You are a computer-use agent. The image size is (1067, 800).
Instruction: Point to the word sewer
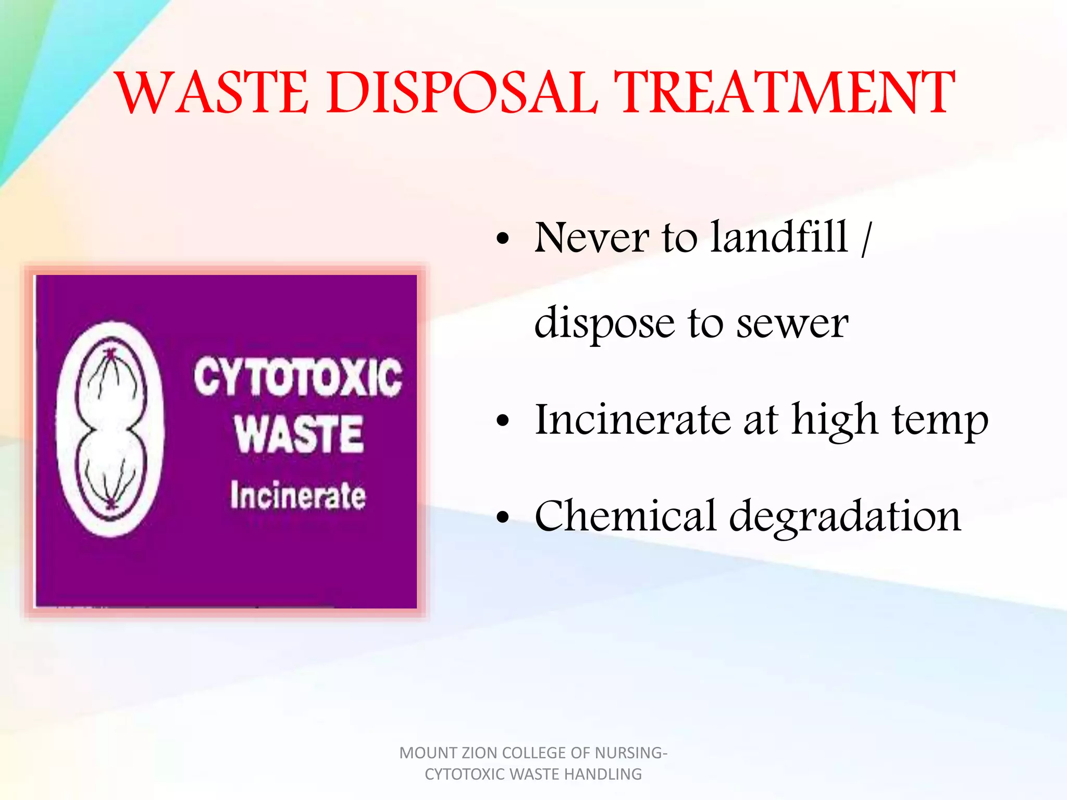(x=792, y=323)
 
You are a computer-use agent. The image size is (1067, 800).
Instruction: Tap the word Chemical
(x=625, y=516)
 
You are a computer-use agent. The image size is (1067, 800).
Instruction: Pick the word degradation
(x=845, y=517)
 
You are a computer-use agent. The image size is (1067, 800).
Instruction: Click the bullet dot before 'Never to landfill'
(x=502, y=239)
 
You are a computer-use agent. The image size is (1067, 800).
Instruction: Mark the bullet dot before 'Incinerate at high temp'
(x=502, y=420)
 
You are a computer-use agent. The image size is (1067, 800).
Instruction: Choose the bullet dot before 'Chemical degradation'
(x=502, y=517)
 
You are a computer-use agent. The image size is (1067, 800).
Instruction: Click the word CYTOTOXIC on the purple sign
(x=298, y=377)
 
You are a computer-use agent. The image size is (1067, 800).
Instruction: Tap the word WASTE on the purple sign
(x=299, y=434)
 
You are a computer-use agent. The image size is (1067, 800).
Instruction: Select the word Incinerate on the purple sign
(x=298, y=495)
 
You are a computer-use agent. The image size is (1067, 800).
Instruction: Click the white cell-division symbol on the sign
(x=109, y=429)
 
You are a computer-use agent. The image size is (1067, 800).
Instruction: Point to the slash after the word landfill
(x=865, y=239)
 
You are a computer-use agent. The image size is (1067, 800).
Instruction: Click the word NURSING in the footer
(x=630, y=753)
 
